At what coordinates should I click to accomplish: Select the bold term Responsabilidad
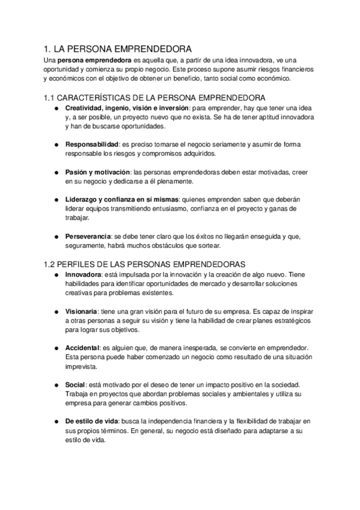pyautogui.click(x=92, y=145)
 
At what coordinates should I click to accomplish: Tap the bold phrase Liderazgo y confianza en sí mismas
pyautogui.click(x=121, y=200)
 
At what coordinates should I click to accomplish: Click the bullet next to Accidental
pyautogui.click(x=55, y=348)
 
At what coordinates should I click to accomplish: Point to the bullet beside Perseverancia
pyautogui.click(x=55, y=236)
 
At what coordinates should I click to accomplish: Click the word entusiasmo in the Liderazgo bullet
pyautogui.click(x=168, y=209)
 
